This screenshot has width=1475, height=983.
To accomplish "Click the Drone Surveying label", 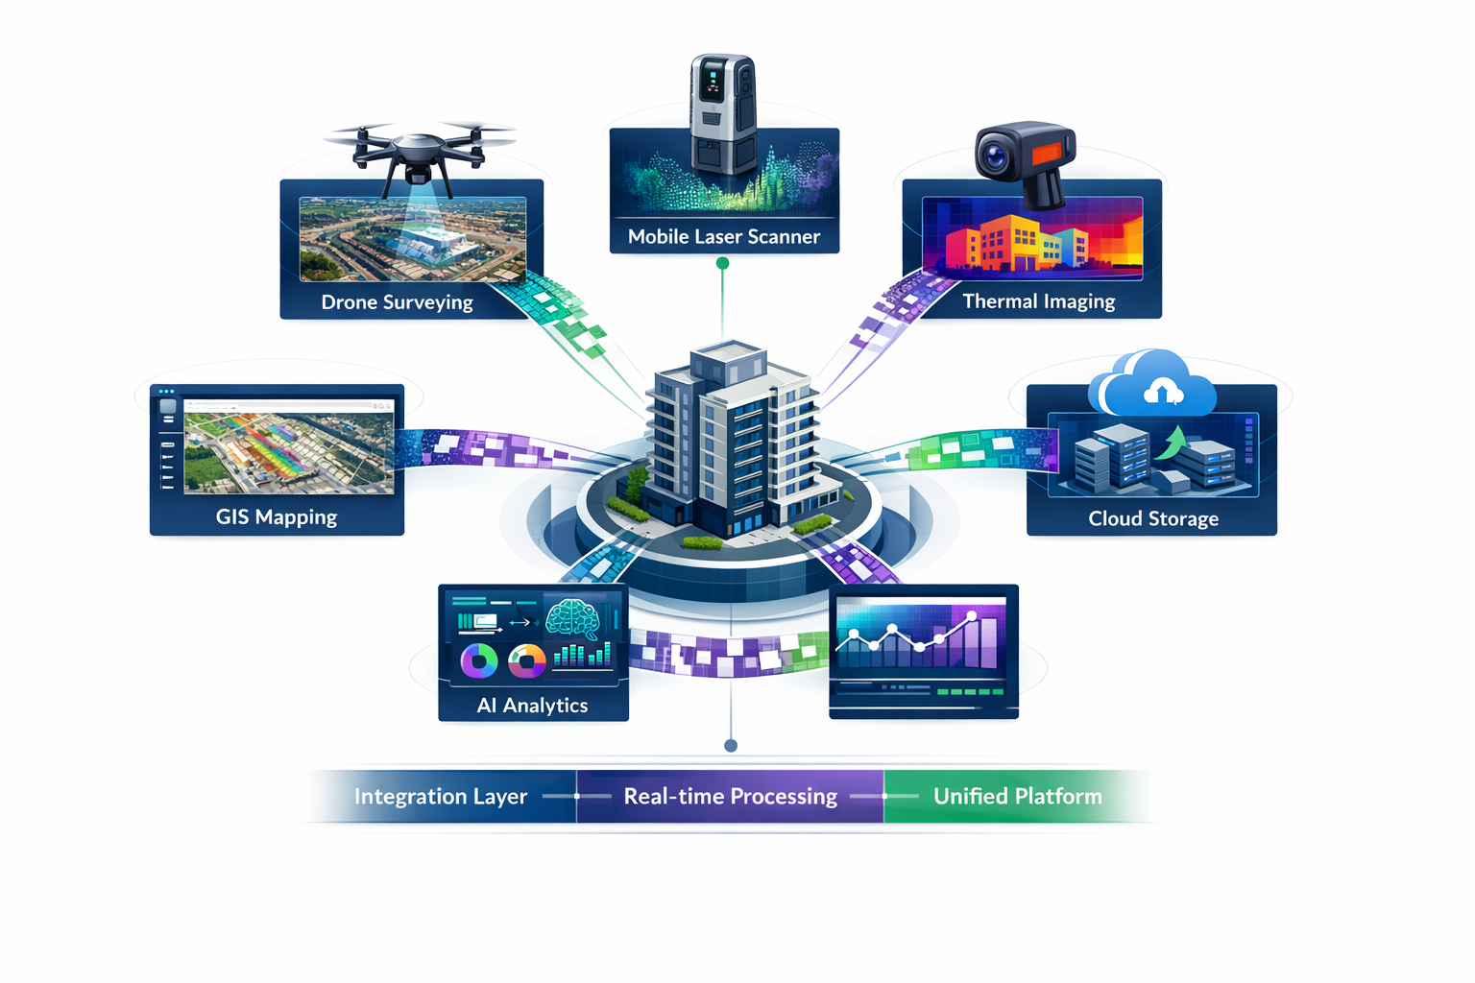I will (397, 302).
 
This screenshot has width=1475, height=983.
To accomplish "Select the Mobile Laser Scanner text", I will (723, 237).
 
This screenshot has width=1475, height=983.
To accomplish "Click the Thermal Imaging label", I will (1038, 301).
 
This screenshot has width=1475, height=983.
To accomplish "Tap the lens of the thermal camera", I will (994, 155).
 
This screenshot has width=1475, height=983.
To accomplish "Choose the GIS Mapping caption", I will (277, 517).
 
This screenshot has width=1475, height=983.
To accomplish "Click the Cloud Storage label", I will (1152, 518).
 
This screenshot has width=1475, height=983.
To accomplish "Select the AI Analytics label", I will (532, 706).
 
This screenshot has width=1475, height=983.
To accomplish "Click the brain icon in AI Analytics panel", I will (572, 619).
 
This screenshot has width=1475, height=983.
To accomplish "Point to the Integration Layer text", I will (440, 797).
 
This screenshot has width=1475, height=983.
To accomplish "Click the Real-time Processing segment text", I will (730, 797).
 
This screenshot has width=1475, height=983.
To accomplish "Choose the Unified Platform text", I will (1017, 797).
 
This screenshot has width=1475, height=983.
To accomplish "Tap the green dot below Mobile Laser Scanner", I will (722, 263).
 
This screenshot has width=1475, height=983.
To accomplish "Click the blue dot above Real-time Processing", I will (731, 746).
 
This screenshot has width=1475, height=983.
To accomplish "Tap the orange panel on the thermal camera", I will (1047, 153).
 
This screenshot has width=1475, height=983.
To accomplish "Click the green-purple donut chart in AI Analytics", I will (478, 660).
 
